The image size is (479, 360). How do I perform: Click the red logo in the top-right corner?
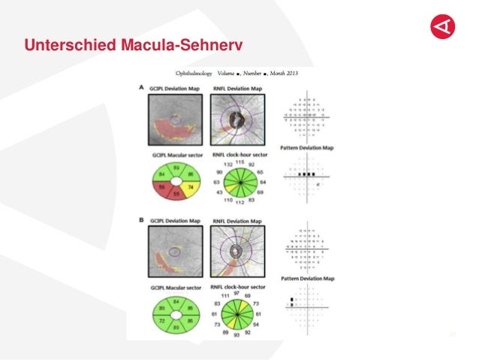pos(443,27)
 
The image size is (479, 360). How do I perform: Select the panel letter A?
pos(142,88)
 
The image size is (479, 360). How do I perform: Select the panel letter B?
pos(142,222)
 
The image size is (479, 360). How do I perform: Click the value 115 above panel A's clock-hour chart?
pos(239,162)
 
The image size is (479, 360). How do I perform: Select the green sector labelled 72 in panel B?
pos(162,319)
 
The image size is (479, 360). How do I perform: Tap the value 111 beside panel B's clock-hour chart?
pos(224,296)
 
